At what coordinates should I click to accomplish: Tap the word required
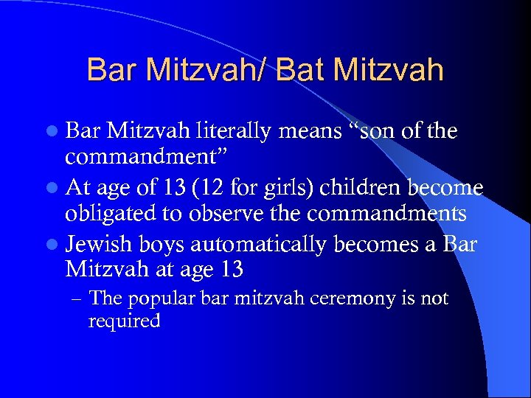[124, 322]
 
